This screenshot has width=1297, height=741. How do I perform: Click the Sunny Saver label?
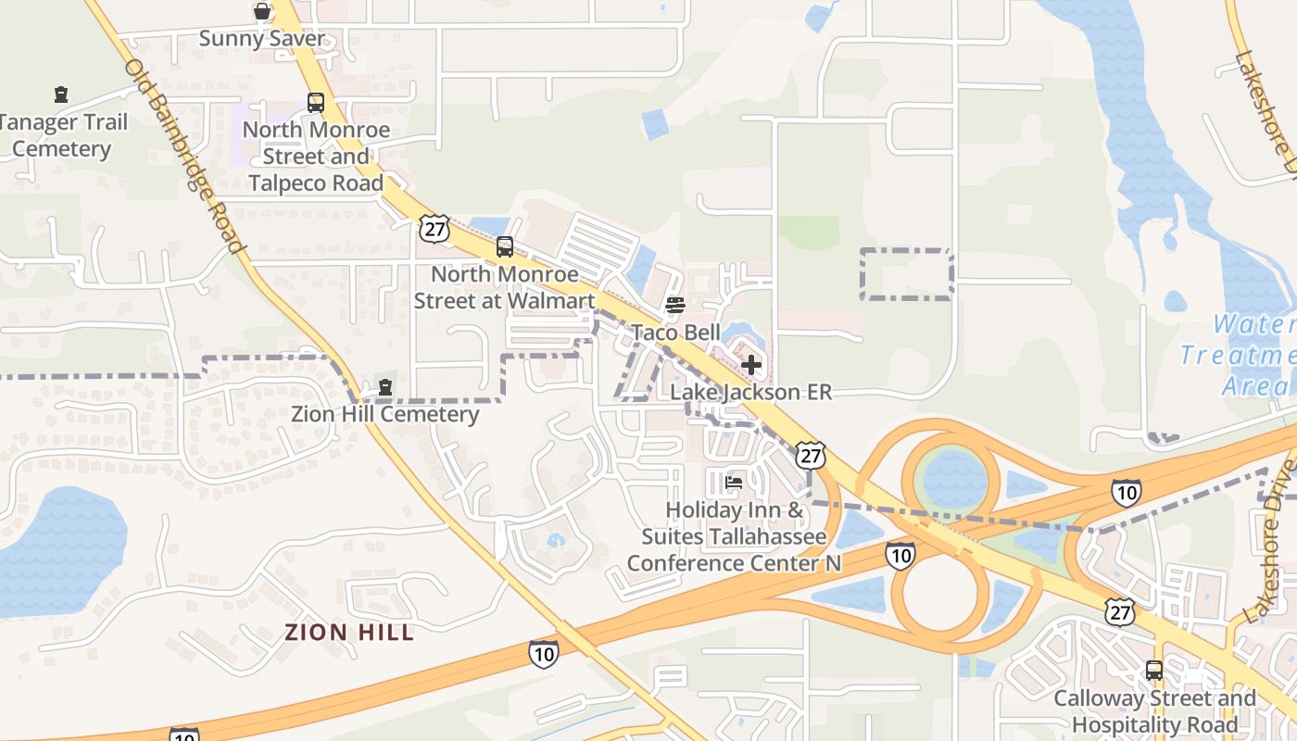(x=263, y=39)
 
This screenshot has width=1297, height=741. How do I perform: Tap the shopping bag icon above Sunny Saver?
(x=263, y=11)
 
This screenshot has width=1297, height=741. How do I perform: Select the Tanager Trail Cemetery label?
(x=62, y=135)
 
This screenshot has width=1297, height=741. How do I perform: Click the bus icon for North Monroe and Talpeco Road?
(x=316, y=103)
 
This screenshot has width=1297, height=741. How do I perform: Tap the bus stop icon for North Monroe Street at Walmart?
(x=505, y=246)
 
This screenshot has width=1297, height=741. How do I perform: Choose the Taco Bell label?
(x=675, y=333)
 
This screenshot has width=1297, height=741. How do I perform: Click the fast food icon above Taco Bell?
(x=675, y=305)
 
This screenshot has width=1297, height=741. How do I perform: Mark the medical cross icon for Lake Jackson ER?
(x=751, y=365)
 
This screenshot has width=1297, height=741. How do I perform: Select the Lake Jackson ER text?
(x=750, y=392)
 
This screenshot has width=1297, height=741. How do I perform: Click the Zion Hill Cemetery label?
(x=385, y=414)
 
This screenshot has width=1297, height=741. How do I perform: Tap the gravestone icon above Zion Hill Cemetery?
(x=385, y=387)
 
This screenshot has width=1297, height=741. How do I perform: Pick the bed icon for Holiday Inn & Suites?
(x=734, y=483)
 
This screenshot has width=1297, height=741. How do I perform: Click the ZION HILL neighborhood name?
(x=349, y=633)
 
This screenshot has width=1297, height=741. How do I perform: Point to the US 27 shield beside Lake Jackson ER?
(x=811, y=455)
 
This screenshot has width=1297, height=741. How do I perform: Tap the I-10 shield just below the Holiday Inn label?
(x=900, y=555)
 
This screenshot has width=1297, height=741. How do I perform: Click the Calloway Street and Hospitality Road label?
(x=1154, y=710)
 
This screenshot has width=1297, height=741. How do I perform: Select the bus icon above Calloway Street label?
(x=1154, y=670)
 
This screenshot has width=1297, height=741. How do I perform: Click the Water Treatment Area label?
(x=1241, y=354)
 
